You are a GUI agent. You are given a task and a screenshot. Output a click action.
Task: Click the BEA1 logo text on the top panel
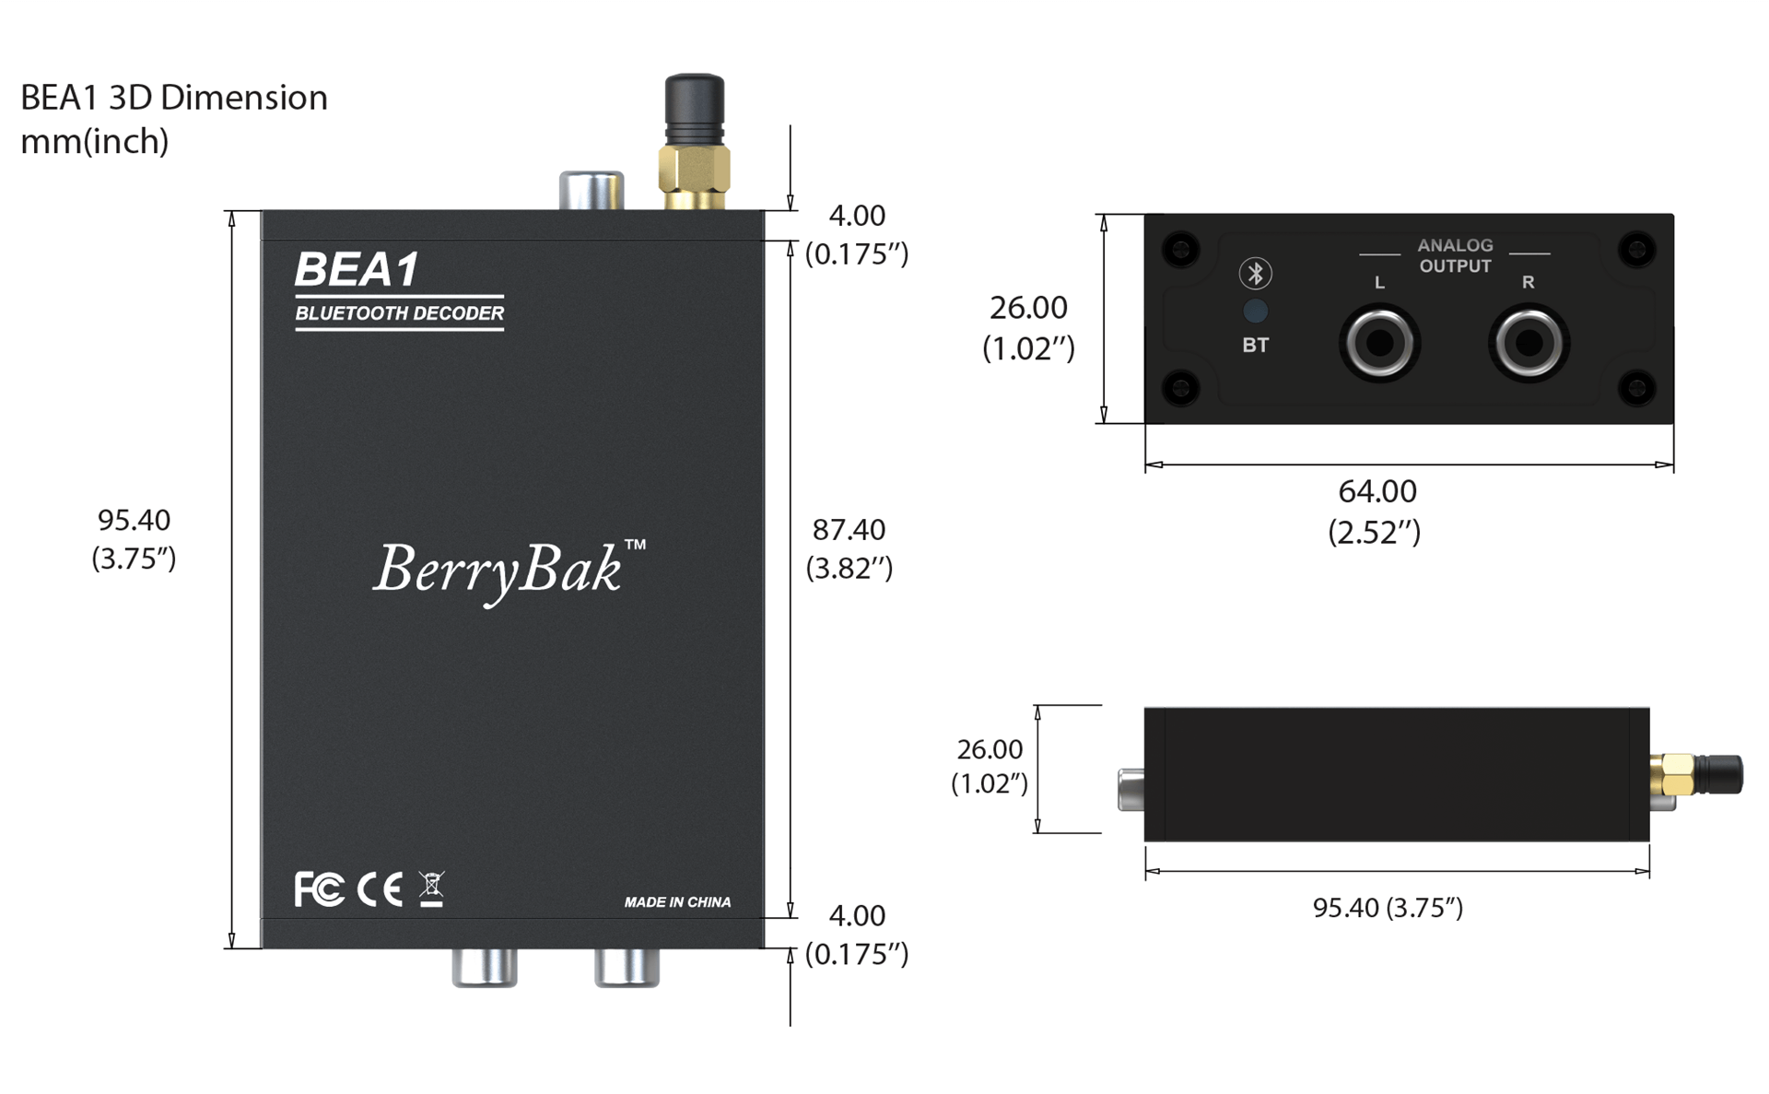357,270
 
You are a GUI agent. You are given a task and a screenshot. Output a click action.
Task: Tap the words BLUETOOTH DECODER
399,313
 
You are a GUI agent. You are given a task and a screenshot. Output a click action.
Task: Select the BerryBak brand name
498,569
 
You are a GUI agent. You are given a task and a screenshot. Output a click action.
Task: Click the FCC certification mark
319,889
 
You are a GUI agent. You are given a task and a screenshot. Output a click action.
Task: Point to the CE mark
380,889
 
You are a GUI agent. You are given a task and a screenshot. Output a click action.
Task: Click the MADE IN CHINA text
677,902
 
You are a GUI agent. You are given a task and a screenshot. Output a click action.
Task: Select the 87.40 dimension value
849,530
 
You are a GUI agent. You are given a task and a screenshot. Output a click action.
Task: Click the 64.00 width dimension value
1377,491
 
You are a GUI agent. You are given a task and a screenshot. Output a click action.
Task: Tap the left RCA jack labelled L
1379,344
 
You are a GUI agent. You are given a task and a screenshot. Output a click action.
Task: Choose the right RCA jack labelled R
1529,344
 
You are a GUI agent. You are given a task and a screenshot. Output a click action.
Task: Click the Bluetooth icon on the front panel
1255,273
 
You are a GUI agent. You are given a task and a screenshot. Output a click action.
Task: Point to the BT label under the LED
1255,346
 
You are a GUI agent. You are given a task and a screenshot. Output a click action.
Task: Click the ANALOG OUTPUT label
1455,255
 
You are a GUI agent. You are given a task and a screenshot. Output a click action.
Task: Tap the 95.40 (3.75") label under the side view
1388,908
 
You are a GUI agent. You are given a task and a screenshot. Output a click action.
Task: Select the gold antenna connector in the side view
1673,774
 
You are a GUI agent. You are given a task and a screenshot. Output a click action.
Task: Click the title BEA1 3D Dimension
174,98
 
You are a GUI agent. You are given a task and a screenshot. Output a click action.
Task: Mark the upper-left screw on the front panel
1180,249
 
